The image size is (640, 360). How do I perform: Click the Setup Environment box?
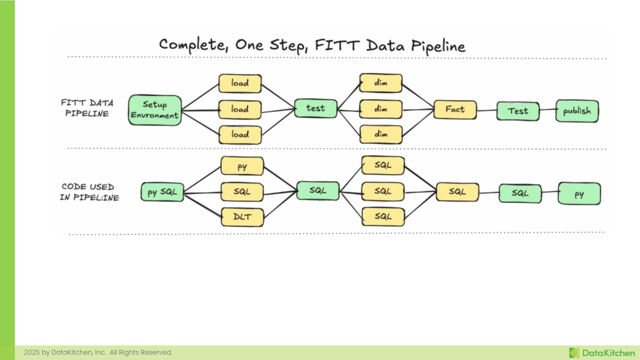tap(155, 110)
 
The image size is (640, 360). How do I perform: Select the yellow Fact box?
tap(455, 110)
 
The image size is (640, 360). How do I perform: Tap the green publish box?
tap(577, 111)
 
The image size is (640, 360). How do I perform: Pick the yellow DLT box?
tap(242, 217)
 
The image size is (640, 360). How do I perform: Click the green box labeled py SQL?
tap(162, 192)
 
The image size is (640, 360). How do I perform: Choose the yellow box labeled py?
tap(242, 166)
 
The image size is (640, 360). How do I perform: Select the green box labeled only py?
tap(579, 193)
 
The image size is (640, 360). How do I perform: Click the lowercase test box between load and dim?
tap(316, 108)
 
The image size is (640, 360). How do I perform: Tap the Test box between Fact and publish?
tap(518, 111)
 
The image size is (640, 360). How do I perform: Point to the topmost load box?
tap(240, 83)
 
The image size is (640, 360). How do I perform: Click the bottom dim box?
tap(381, 134)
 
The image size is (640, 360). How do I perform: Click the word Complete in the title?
tap(193, 45)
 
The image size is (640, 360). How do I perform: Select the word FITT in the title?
tap(337, 45)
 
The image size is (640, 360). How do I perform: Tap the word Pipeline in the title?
tap(438, 46)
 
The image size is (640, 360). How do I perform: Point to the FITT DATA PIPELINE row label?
tap(87, 108)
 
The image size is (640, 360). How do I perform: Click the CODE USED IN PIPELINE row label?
tap(89, 192)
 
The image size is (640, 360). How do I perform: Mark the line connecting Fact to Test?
tap(487, 110)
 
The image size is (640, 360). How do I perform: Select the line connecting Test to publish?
tap(548, 109)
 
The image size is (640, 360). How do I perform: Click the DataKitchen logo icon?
tap(574, 353)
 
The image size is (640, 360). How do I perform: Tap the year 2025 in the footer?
tap(32, 352)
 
